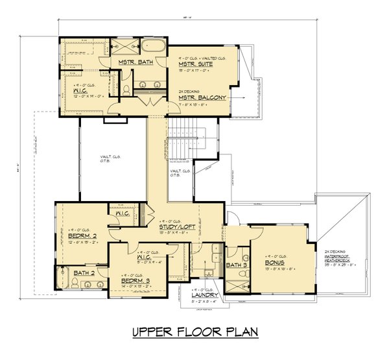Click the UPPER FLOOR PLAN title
pos(194,333)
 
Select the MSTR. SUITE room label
pos(194,64)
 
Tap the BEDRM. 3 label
pos(137,282)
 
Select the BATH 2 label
pos(85,273)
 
